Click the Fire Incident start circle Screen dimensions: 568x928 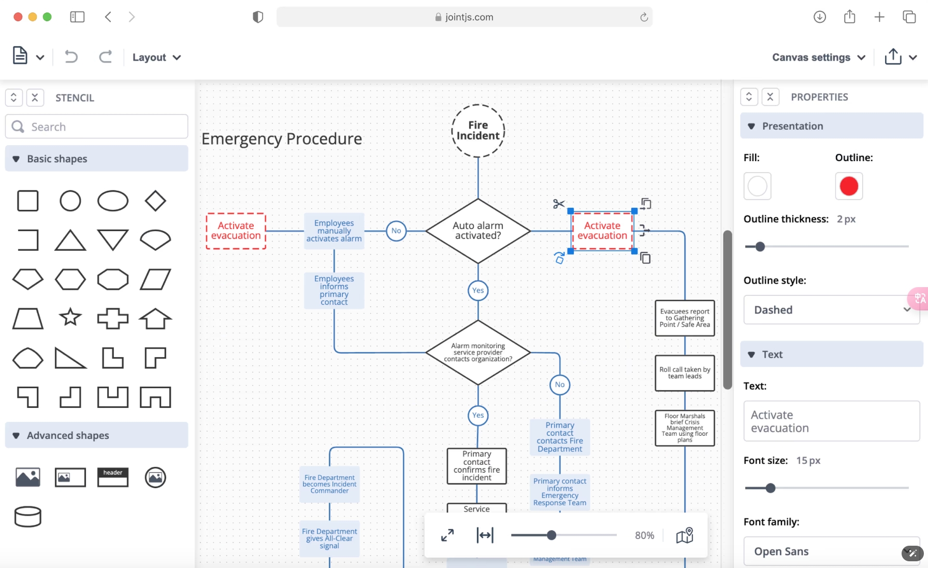(477, 131)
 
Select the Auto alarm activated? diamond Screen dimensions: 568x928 (477, 231)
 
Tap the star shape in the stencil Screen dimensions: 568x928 (70, 317)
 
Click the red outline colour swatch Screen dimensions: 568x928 (848, 186)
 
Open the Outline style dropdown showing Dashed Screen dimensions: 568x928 (831, 310)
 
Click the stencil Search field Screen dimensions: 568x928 (97, 126)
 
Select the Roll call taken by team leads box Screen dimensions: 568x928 (684, 373)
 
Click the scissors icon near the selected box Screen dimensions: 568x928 (558, 204)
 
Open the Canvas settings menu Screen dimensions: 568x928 (818, 58)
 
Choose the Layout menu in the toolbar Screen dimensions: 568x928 (156, 58)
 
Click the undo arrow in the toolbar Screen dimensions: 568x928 (71, 56)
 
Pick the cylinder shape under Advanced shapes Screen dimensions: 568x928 (28, 517)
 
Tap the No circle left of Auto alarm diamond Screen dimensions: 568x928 (396, 231)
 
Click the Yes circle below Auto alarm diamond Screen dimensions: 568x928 (477, 290)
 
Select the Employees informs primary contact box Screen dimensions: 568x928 (334, 290)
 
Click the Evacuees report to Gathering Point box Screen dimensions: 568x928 (684, 318)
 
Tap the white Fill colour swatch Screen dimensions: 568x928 (757, 186)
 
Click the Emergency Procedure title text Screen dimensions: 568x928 (282, 139)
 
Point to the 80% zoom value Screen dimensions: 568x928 (644, 535)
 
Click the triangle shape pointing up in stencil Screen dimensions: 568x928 (70, 240)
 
